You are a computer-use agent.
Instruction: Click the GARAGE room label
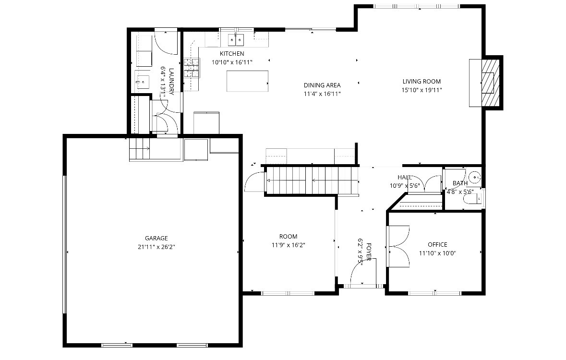coord(157,238)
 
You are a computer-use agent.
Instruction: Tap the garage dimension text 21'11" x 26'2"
coord(157,247)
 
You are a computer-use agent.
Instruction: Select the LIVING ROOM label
coord(421,81)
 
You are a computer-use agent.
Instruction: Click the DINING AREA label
coord(322,85)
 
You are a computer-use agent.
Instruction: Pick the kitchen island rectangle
coord(248,81)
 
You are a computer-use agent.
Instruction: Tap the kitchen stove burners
coord(191,68)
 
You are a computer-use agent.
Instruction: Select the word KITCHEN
coord(232,54)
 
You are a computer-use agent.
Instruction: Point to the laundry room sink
coord(143,82)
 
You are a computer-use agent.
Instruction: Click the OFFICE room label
coord(437,245)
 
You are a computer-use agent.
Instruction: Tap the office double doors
coord(398,246)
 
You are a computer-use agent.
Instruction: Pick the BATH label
coord(460,183)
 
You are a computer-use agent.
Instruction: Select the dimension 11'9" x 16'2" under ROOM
coord(288,245)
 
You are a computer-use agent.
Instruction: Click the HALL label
coord(405,177)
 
